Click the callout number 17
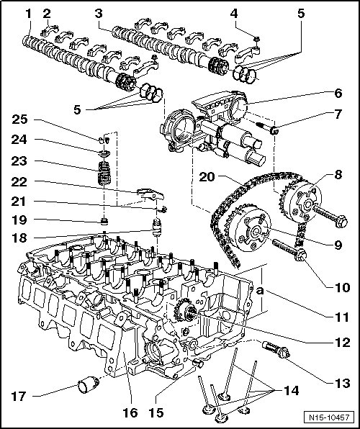pyautogui.click(x=18, y=396)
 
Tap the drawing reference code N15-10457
pyautogui.click(x=329, y=417)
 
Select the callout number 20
pyautogui.click(x=207, y=177)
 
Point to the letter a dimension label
pyautogui.click(x=260, y=291)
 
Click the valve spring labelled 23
pyautogui.click(x=104, y=173)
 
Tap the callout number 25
pyautogui.click(x=19, y=119)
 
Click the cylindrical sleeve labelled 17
pyautogui.click(x=88, y=384)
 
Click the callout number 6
pyautogui.click(x=338, y=94)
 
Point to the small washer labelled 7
pyautogui.click(x=274, y=131)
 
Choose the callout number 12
pyautogui.click(x=342, y=343)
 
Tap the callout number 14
pyautogui.click(x=291, y=391)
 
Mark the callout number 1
pyautogui.click(x=29, y=14)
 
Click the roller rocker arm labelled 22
pyautogui.click(x=150, y=195)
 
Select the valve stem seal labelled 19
pyautogui.click(x=104, y=221)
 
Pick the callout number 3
pyautogui.click(x=99, y=14)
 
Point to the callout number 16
pyautogui.click(x=130, y=412)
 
